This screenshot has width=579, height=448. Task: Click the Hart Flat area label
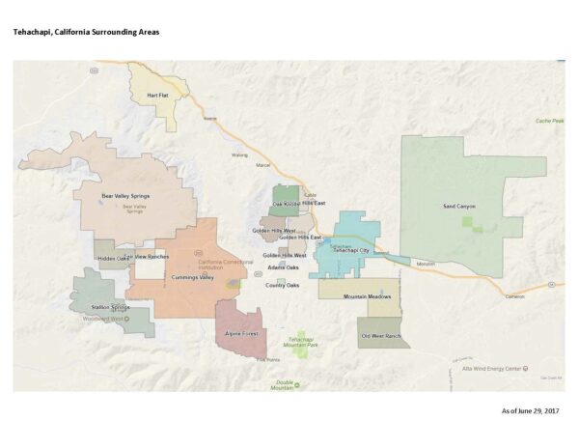point(157,96)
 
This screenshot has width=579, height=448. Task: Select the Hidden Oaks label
point(113,258)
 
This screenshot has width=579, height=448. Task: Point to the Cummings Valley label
point(192,277)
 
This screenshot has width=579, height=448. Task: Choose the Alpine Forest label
point(240,333)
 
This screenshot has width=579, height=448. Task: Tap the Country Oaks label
point(283,285)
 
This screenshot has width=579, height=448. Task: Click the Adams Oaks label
point(283,266)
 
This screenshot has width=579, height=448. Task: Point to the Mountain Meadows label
point(367,296)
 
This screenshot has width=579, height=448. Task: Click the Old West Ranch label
point(379,335)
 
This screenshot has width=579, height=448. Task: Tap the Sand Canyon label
point(458,206)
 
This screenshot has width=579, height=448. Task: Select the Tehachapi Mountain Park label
point(300,342)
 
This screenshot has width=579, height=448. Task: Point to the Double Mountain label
point(283,383)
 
